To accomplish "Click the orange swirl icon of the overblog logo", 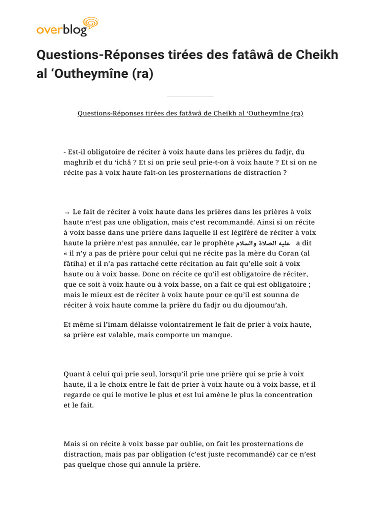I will [x=91, y=23].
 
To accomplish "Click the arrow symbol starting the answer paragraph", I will [x=67, y=212].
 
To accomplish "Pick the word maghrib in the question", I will [x=79, y=162].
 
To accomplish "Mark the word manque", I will [x=218, y=335].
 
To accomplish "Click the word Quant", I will [x=74, y=374].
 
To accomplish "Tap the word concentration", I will [x=287, y=395].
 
